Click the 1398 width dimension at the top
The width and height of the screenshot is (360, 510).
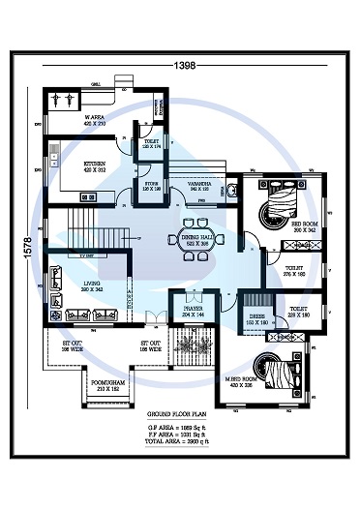(184, 65)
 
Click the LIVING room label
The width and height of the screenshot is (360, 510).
(93, 285)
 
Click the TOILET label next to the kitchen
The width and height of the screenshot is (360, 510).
(152, 145)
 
